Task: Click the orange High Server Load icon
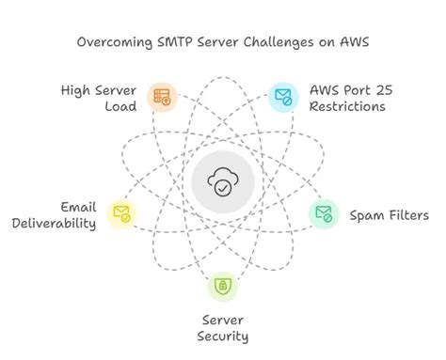(x=163, y=96)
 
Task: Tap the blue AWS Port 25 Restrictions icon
(x=282, y=96)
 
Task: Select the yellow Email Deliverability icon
(x=120, y=212)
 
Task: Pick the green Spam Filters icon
(x=324, y=213)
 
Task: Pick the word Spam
(x=367, y=215)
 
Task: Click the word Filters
(x=408, y=215)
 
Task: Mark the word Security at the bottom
(x=224, y=337)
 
